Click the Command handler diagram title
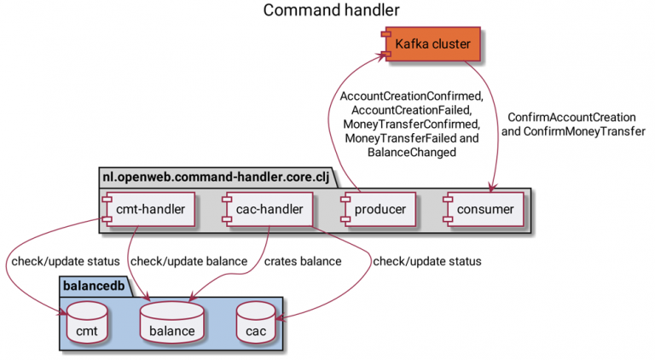[331, 11]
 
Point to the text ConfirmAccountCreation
[571, 117]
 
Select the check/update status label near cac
[426, 260]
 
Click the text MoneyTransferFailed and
[411, 138]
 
